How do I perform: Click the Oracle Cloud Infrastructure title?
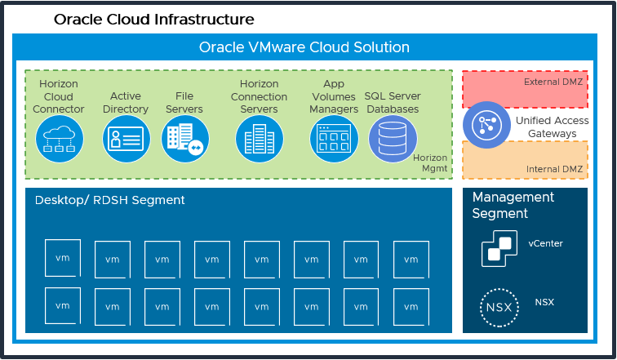pyautogui.click(x=153, y=19)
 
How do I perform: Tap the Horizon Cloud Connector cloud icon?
pyautogui.click(x=63, y=139)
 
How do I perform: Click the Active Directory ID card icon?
pyautogui.click(x=127, y=139)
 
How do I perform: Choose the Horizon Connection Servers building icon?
pyautogui.click(x=260, y=139)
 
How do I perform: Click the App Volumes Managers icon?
pyautogui.click(x=334, y=139)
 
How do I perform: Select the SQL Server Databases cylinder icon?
pyautogui.click(x=393, y=139)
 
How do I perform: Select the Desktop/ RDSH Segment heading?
pyautogui.click(x=109, y=200)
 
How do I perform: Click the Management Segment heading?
pyautogui.click(x=513, y=205)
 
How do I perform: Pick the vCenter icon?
pyautogui.click(x=499, y=247)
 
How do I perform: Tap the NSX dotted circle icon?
pyautogui.click(x=499, y=307)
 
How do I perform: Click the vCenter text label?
pyautogui.click(x=545, y=243)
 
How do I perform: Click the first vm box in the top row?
pyautogui.click(x=62, y=257)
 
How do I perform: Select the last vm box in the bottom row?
pyautogui.click(x=411, y=306)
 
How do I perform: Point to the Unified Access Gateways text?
pyautogui.click(x=552, y=127)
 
